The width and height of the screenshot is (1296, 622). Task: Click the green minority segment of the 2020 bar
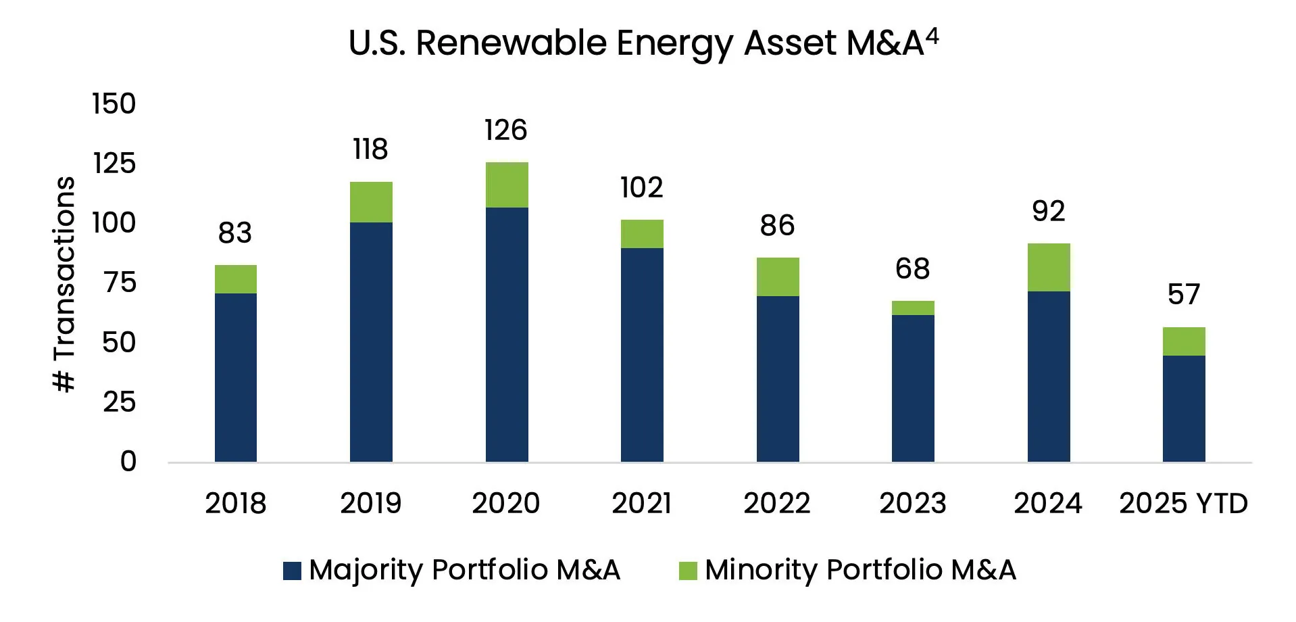[507, 185]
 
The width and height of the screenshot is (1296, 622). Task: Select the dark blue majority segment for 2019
[371, 341]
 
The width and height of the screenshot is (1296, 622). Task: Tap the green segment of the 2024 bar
[1049, 267]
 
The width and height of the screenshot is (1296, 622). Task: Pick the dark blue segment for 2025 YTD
[1184, 408]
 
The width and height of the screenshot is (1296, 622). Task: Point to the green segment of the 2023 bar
[913, 308]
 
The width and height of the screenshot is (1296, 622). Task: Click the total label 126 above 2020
[505, 130]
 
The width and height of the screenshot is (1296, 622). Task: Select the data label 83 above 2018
[235, 233]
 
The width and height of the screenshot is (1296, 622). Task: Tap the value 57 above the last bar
[1184, 295]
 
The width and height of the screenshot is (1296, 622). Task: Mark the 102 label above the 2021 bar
[641, 187]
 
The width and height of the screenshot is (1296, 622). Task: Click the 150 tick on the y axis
[114, 104]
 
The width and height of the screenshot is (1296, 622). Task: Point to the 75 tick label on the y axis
[120, 283]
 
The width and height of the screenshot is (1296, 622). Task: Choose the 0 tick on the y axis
[128, 462]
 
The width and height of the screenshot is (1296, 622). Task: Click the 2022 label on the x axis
[777, 504]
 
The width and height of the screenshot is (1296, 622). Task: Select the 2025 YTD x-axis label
[1183, 504]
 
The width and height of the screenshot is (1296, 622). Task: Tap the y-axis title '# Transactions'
[64, 284]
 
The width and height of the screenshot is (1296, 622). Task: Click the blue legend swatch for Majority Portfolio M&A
[292, 571]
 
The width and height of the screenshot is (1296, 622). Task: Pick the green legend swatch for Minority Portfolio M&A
[688, 571]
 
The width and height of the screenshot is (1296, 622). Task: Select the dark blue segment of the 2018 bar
[236, 377]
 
